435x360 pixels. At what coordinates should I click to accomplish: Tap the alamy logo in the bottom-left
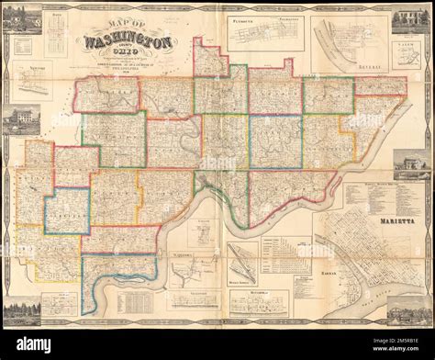click(x=28, y=345)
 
